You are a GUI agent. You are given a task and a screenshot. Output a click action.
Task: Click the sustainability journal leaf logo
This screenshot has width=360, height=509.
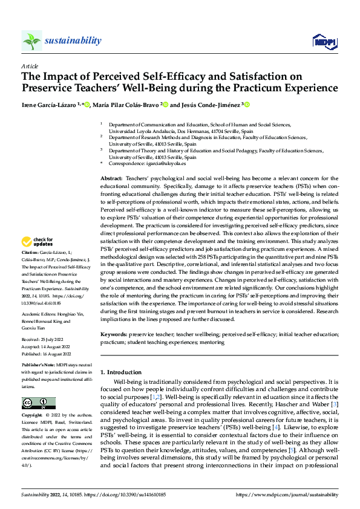pyautogui.click(x=31, y=41)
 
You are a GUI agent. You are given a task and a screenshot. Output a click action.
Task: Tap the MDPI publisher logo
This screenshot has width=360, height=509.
pyautogui.click(x=324, y=41)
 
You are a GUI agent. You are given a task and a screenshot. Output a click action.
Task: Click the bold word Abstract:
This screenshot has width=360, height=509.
pyautogui.click(x=111, y=178)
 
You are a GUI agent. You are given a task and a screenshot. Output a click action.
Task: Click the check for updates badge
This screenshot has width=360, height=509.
pyautogui.click(x=38, y=243)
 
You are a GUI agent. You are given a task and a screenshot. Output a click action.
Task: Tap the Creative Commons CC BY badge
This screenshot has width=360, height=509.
pyautogui.click(x=38, y=404)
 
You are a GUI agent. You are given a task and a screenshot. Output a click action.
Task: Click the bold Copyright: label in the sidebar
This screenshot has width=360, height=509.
pyautogui.click(x=33, y=417)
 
